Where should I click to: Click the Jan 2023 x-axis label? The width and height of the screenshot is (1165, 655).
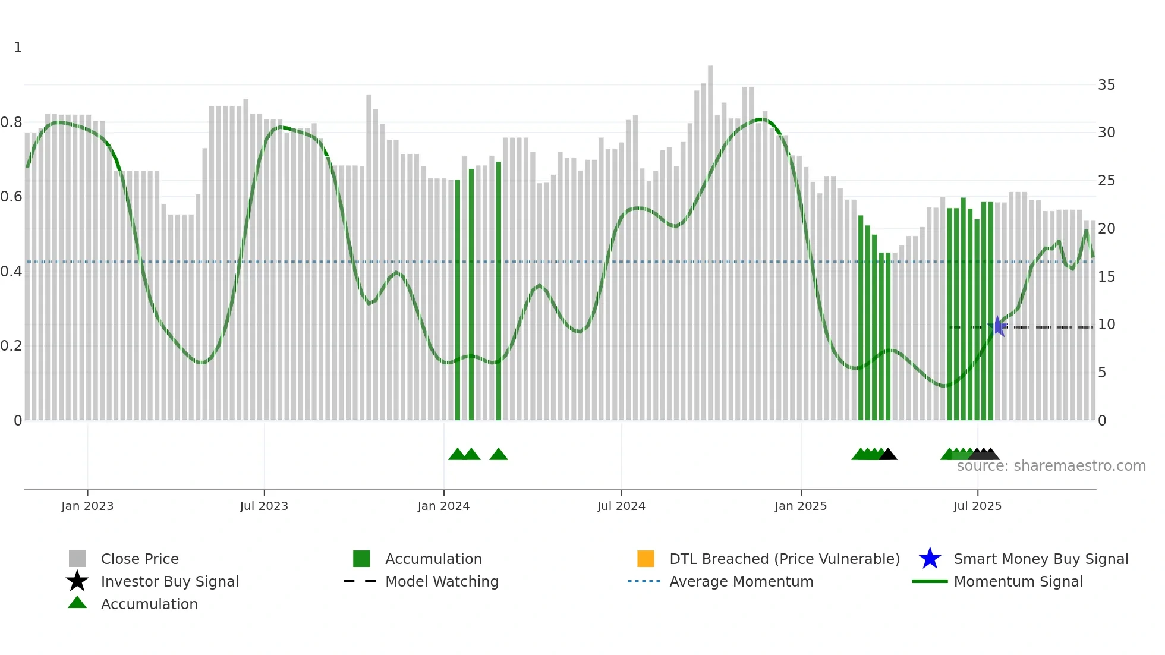tap(87, 506)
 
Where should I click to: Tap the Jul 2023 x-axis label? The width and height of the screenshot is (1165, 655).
tap(264, 506)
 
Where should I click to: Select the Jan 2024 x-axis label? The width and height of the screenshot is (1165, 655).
tap(443, 506)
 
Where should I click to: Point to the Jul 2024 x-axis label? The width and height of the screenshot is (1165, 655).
tap(621, 506)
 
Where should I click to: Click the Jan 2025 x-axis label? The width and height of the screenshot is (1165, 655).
tap(801, 506)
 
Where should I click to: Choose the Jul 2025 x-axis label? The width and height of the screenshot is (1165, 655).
tap(977, 506)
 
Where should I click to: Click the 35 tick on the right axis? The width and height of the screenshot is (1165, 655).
tap(1106, 85)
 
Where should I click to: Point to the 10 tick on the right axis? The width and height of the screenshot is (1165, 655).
tap(1106, 325)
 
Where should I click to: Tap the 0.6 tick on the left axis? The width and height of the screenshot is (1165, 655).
tap(11, 197)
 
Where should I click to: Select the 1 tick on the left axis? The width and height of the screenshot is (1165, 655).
tap(18, 48)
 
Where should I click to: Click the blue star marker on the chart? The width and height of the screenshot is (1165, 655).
tap(997, 326)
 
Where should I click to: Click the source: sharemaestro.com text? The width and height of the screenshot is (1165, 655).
tap(1051, 466)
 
